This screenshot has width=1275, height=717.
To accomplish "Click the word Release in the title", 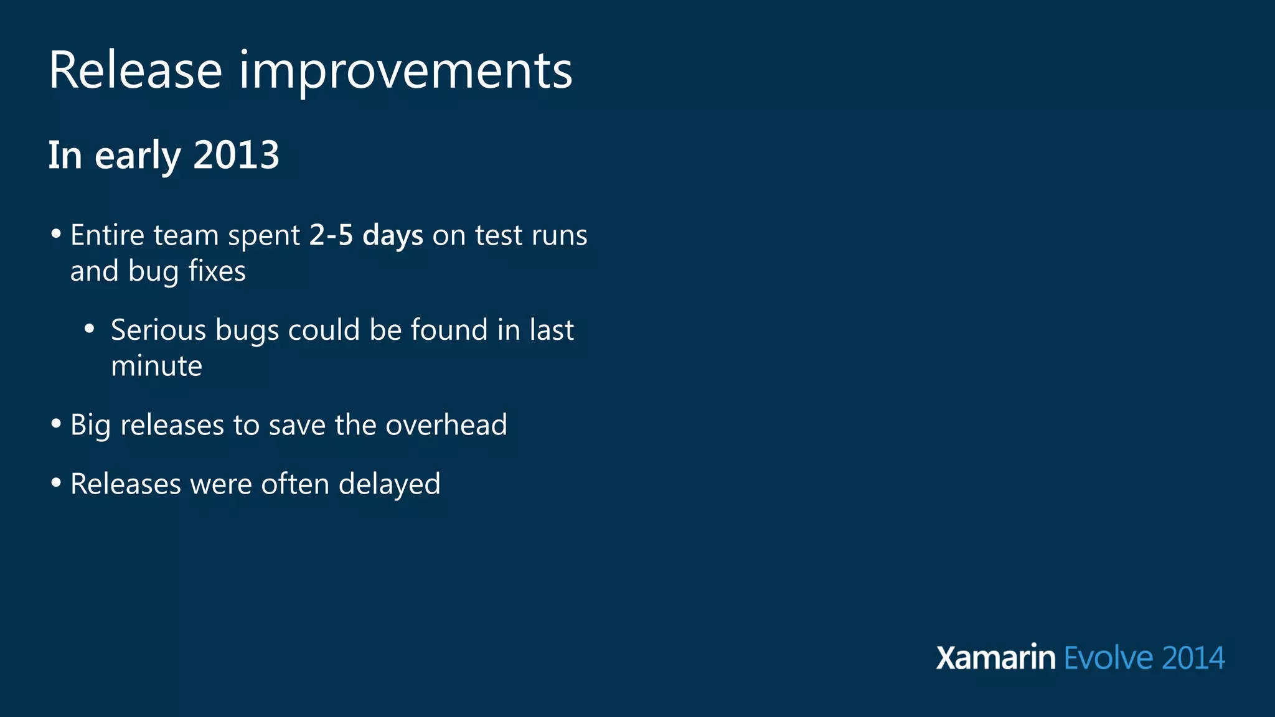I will coord(135,70).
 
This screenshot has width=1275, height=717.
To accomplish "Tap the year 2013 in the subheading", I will coord(236,155).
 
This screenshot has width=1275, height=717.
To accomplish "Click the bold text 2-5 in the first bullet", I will coord(331,235).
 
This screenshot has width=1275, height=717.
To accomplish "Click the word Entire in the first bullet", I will coord(107,235).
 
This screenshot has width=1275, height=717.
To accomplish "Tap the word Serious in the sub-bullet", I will coord(158,330).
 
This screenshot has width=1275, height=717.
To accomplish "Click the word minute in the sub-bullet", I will coord(156,366).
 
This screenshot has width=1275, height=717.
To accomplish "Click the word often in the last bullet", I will coord(294,484).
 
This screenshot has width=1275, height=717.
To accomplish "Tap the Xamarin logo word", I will coord(995,658).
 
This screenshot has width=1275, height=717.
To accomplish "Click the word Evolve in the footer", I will coord(1108,658).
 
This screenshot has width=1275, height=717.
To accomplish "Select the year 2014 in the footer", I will coord(1193,658).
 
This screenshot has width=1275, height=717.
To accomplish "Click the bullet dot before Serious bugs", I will coord(90,329).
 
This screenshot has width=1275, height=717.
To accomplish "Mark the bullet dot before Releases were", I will coord(56,483).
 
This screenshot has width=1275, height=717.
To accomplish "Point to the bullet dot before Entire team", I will coord(56,234).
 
